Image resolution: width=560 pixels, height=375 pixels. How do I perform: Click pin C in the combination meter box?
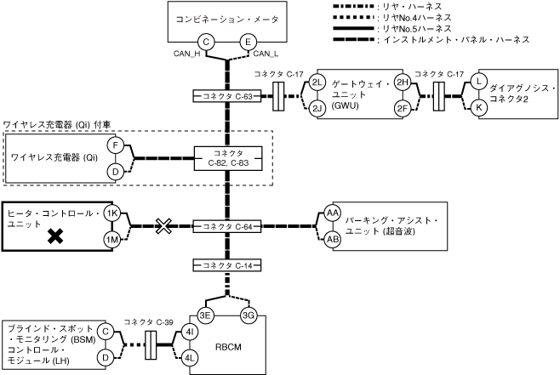tap(205, 42)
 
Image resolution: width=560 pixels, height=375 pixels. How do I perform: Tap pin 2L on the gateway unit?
tap(317, 82)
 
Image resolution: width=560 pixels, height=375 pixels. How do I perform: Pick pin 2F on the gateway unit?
tap(403, 108)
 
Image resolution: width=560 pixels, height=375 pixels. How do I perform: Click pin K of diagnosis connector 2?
tap(480, 107)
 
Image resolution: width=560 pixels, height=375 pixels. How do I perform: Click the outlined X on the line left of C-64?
tap(164, 227)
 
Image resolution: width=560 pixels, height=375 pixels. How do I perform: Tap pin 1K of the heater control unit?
tap(111, 214)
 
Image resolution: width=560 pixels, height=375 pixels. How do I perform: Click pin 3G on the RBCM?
tap(249, 315)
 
